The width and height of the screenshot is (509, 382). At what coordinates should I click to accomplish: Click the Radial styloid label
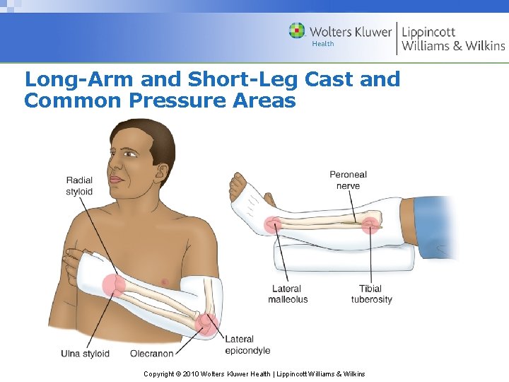79,185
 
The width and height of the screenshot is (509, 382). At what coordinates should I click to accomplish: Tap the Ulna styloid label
85,353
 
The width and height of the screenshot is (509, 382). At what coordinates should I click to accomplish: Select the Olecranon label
151,353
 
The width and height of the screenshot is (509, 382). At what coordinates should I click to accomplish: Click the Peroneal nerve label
348,180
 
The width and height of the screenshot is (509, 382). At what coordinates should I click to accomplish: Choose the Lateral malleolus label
287,294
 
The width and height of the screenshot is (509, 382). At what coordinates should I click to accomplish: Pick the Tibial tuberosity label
371,294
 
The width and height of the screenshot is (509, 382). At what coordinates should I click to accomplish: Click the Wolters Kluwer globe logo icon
297,31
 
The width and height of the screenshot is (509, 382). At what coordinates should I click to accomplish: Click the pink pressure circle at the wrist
113,285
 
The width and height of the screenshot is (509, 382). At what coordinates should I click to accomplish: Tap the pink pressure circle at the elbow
207,323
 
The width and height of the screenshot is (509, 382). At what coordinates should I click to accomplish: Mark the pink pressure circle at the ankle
272,225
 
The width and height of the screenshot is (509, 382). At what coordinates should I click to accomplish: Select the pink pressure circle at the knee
370,225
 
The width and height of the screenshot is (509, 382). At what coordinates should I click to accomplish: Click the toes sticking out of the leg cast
235,187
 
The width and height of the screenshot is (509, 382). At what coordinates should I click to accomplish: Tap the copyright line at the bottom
254,374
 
